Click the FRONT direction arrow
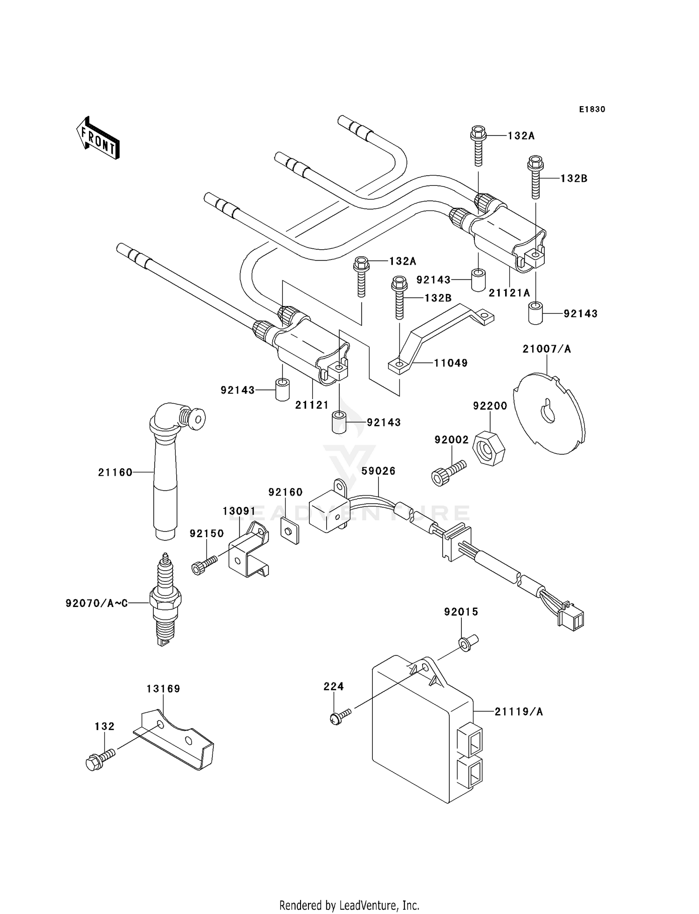click(98, 138)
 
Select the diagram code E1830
click(592, 109)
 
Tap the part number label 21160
click(115, 472)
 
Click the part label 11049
click(450, 363)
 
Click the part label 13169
click(163, 689)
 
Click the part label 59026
click(378, 471)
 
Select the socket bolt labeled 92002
click(448, 472)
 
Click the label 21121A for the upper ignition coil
click(509, 293)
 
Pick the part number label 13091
click(239, 511)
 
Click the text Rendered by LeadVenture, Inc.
click(349, 905)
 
